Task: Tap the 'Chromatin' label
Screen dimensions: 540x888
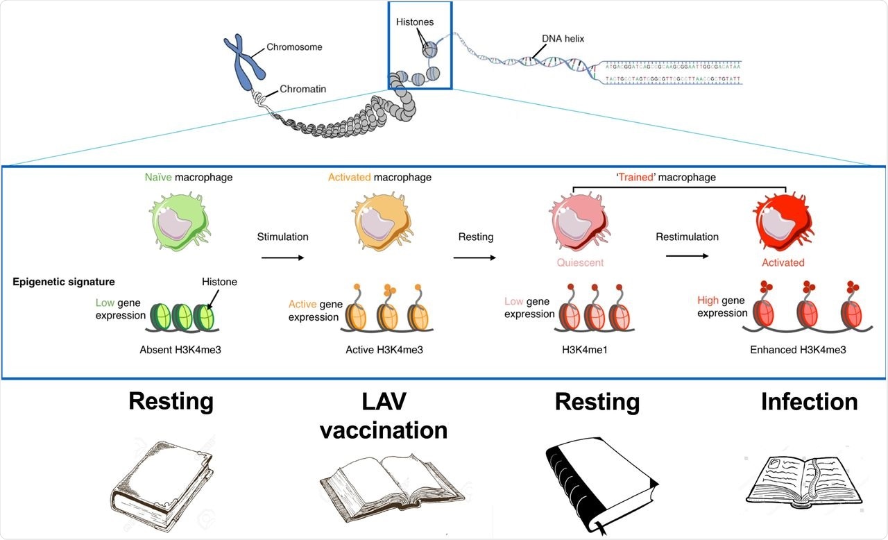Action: [x=302, y=89]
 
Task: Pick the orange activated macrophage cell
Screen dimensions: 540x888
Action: [x=379, y=221]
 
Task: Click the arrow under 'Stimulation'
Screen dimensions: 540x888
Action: [x=282, y=258]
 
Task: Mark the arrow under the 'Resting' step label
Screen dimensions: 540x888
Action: [x=475, y=258]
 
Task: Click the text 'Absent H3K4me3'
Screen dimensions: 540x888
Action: [x=178, y=350]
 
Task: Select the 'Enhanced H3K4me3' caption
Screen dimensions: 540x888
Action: [x=788, y=350]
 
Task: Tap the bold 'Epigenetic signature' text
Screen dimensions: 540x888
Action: [x=64, y=282]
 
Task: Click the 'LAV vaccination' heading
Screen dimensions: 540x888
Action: [x=383, y=416]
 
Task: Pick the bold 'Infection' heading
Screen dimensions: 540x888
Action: [x=809, y=402]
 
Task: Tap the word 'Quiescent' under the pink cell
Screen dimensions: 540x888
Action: [x=579, y=263]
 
